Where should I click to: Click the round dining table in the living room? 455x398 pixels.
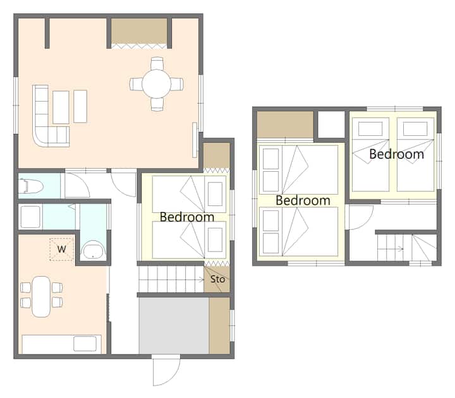click(157, 84)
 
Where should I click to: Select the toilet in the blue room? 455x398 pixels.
click(31, 186)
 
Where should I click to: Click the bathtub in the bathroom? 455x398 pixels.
click(93, 250)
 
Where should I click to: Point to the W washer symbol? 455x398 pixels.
click(61, 249)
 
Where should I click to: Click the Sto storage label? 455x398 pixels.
click(217, 279)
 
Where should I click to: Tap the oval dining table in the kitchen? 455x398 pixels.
click(41, 296)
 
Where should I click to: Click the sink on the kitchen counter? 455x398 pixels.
click(85, 344)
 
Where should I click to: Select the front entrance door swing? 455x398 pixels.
click(167, 371)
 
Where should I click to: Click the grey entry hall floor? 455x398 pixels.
click(174, 325)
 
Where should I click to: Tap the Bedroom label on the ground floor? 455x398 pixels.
click(187, 217)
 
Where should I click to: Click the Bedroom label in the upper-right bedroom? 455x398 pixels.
click(396, 154)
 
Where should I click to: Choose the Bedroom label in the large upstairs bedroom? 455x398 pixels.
click(303, 200)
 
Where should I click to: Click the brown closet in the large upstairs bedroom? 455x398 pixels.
click(285, 124)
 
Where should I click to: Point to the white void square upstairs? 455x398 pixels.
click(331, 124)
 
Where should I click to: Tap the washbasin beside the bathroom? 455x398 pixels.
click(30, 217)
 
